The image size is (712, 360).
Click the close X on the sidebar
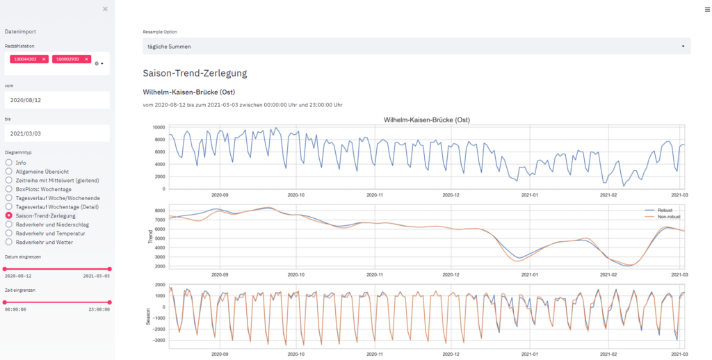point(105,9)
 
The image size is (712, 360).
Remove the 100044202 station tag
point(44,59)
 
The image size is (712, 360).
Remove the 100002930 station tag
point(86,59)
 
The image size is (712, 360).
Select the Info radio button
point(9,163)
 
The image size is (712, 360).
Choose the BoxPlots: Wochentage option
point(9,189)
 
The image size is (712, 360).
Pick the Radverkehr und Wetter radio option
point(9,242)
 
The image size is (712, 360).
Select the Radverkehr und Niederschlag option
point(9,224)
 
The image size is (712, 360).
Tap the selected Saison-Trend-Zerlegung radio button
point(9,215)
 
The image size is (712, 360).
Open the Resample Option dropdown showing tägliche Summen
point(416,47)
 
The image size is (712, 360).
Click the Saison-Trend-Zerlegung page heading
point(195,73)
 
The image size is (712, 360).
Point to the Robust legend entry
point(663,208)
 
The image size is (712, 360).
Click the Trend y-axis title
point(150,236)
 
